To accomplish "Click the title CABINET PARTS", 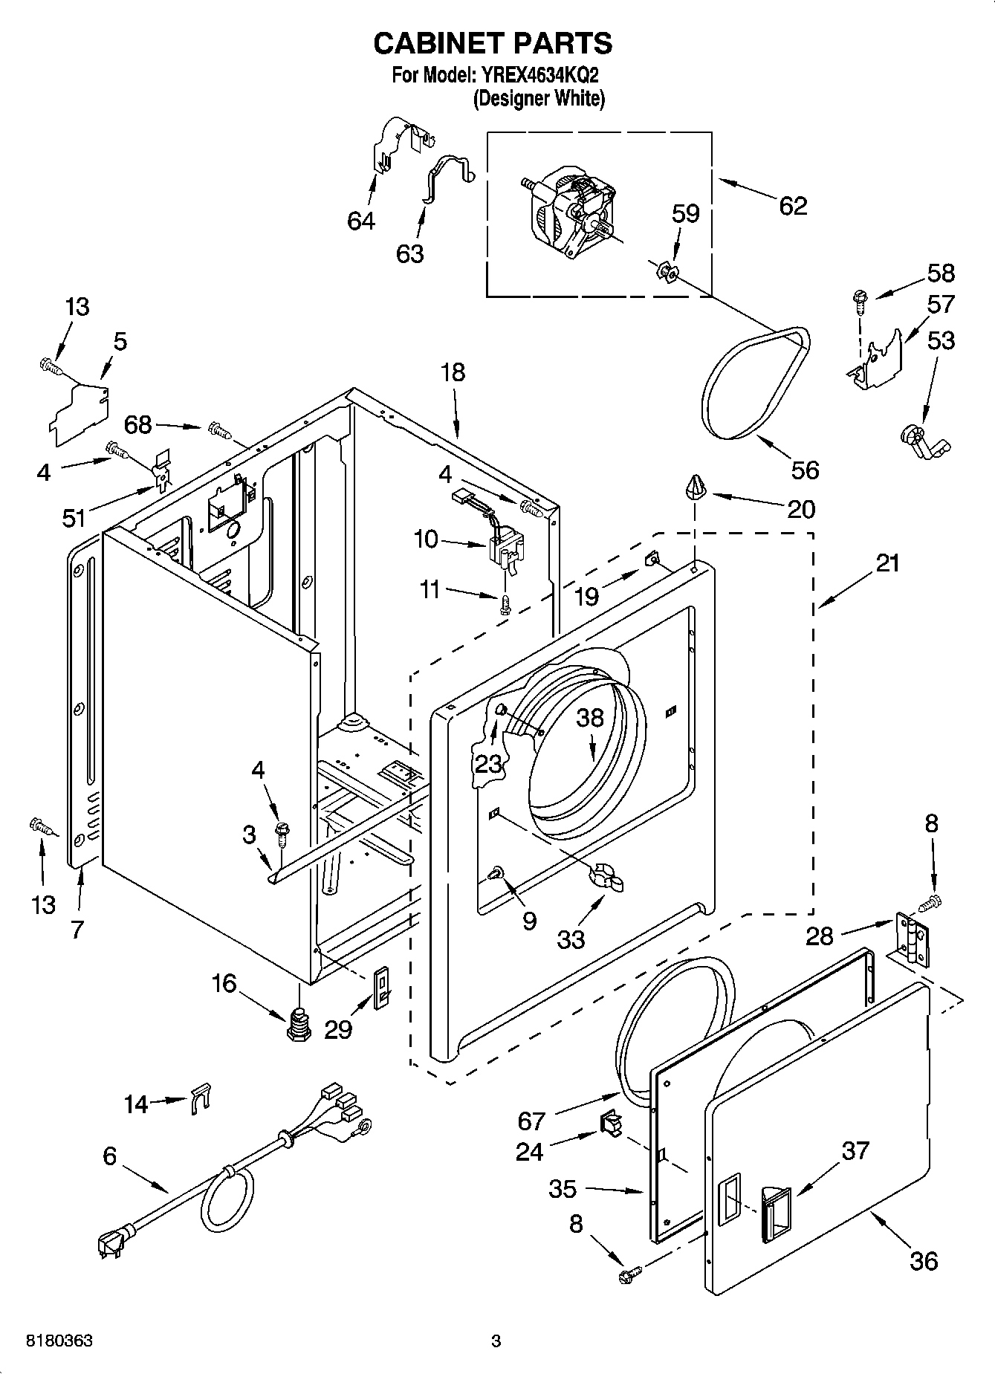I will point(493,44).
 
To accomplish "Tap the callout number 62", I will point(793,206).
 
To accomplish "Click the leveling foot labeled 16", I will point(299,1024).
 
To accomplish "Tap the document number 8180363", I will point(59,1341).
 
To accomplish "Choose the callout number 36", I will point(923,1260).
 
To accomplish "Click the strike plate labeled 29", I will point(380,988).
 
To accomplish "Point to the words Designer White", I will point(539,98).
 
